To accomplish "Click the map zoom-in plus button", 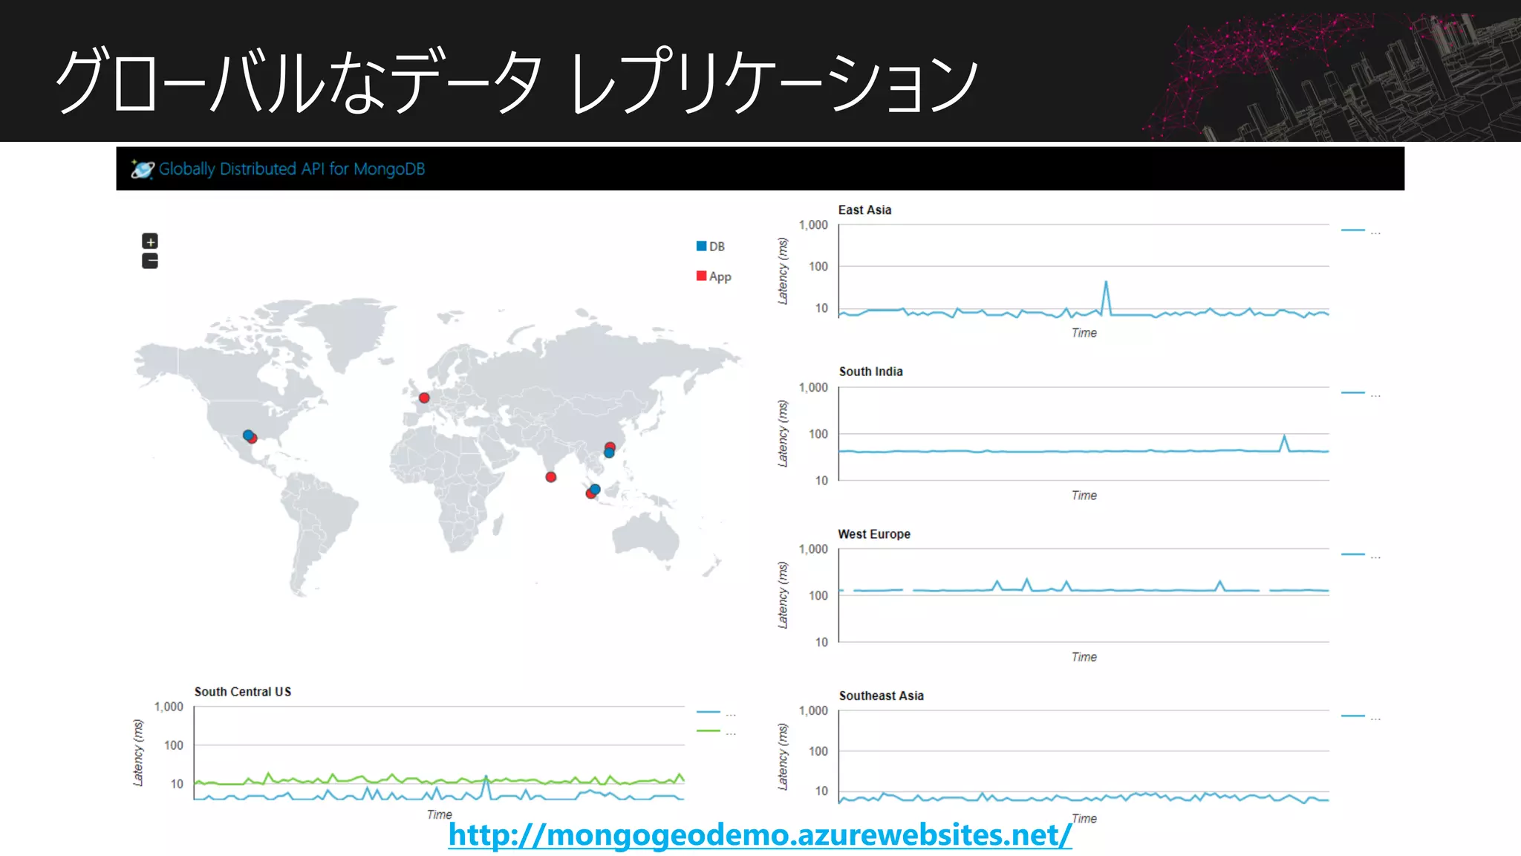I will click(x=150, y=241).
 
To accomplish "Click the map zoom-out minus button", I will click(x=150, y=261).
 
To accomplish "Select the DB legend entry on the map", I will click(x=711, y=247).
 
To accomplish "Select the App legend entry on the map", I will click(x=714, y=276).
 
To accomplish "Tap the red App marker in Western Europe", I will click(x=424, y=398).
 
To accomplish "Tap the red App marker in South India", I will click(x=550, y=477).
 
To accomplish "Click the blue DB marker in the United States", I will click(x=247, y=435).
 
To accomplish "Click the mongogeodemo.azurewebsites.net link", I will click(x=760, y=834).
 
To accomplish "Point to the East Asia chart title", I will click(x=864, y=210).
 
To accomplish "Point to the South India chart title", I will click(x=870, y=372).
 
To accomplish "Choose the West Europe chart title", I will click(x=874, y=534).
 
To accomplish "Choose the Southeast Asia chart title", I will click(x=881, y=696).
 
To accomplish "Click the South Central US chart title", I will click(x=242, y=692).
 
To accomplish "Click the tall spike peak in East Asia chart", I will click(x=1106, y=282).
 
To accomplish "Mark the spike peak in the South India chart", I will click(x=1284, y=436).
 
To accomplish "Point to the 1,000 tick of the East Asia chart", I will click(x=813, y=225).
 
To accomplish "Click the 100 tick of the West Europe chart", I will click(x=818, y=596).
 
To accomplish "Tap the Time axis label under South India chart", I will click(x=1084, y=496).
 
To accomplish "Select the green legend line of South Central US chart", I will click(x=709, y=731).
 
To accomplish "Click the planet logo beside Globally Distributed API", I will click(x=142, y=169).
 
